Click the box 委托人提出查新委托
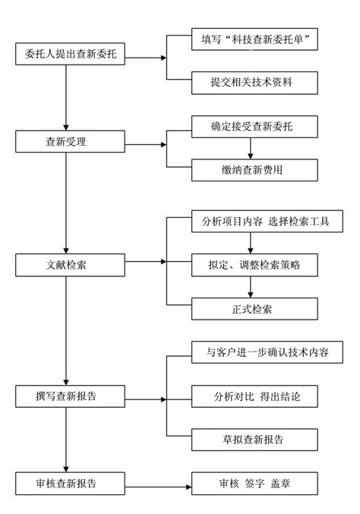(66, 55)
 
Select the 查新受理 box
(66, 141)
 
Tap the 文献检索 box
(66, 264)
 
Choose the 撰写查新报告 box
(66, 396)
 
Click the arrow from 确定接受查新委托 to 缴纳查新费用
(251, 148)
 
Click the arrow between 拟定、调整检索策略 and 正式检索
(251, 287)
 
